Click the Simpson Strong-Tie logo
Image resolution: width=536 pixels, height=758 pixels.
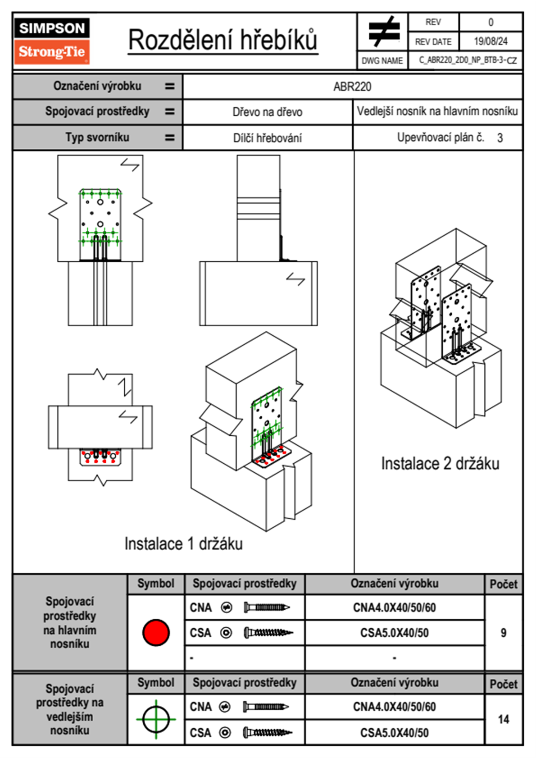click(52, 41)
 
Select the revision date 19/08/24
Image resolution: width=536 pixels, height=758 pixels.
click(491, 41)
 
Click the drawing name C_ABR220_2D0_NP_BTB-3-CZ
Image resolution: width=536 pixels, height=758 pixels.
click(468, 60)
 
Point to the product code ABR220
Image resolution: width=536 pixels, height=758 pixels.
click(352, 87)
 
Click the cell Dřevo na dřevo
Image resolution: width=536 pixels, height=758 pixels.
click(267, 112)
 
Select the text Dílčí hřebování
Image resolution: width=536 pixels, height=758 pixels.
click(267, 138)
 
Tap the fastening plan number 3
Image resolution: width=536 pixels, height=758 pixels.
click(500, 138)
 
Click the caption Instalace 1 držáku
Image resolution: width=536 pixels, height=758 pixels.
click(183, 544)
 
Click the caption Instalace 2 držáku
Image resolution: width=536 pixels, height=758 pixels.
click(440, 464)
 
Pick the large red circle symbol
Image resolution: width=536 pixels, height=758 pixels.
click(156, 632)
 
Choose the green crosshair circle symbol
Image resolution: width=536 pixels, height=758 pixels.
click(156, 719)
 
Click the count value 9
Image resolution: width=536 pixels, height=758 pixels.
click(503, 633)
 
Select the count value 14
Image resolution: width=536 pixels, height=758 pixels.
click(503, 719)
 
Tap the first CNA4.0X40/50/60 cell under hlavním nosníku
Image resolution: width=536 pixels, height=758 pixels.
click(394, 608)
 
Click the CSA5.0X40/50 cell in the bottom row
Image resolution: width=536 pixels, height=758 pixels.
click(394, 733)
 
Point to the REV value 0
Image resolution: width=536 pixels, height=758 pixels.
click(491, 22)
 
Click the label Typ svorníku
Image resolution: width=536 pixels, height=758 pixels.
click(97, 137)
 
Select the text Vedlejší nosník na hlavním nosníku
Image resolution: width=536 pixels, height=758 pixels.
click(437, 111)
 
